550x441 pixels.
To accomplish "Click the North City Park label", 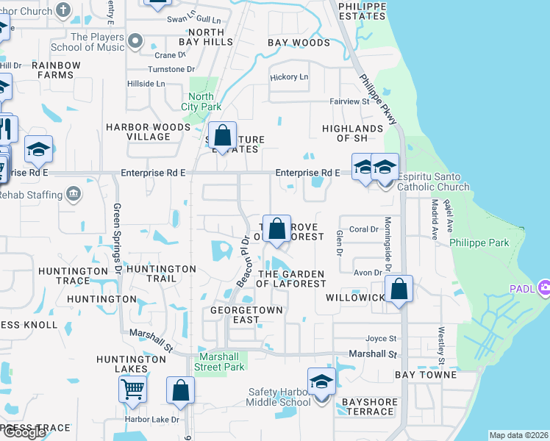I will tap(201, 101).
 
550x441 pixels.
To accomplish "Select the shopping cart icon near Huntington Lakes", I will tap(132, 389).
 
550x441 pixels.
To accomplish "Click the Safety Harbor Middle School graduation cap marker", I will tap(321, 383).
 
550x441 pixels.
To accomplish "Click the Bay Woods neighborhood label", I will tap(299, 43).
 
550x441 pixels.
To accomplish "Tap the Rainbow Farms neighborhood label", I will tap(56, 70).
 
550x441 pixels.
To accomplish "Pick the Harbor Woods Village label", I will tap(148, 132).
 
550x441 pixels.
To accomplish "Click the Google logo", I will tap(24, 432).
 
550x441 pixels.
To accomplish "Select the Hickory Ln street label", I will tap(289, 77).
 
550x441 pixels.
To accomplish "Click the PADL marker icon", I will tap(544, 286).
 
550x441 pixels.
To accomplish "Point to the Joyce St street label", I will tap(382, 339).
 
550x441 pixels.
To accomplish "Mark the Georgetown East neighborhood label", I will tap(246, 315).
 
